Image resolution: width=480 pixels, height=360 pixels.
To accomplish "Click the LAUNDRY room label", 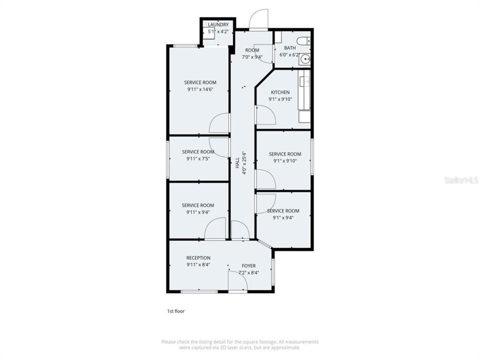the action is tap(218, 24).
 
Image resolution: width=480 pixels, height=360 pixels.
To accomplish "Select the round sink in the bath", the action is tap(305, 59).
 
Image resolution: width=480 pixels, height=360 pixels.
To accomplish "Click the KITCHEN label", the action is tap(280, 92).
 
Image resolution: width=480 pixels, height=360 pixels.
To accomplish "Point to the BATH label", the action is tap(290, 48).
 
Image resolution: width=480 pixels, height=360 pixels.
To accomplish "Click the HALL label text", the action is tap(237, 163).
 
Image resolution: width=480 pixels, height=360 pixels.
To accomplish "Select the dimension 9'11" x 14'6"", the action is tap(200, 89).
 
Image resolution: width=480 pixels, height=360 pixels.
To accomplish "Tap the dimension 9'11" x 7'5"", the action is tap(198, 158).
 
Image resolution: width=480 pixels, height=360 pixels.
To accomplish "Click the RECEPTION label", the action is tap(198, 258).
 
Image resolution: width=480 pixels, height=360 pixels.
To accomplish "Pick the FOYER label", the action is tap(248, 265).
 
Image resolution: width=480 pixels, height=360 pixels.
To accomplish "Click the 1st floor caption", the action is tap(175, 311).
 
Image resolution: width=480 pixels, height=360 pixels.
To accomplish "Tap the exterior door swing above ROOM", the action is tap(258, 19).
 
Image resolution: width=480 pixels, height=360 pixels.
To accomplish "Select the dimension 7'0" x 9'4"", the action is tap(252, 57).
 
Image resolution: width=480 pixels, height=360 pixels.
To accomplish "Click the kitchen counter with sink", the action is tap(304, 89).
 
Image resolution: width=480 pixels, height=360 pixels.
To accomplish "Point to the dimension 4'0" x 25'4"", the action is tap(244, 163).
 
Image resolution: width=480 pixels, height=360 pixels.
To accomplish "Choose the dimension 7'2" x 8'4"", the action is tap(249, 272).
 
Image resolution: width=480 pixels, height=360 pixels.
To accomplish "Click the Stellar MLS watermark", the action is tap(461, 180).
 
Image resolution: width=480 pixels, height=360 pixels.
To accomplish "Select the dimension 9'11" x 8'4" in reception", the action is tap(198, 265).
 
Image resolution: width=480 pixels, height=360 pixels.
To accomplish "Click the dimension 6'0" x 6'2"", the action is tap(289, 55).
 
